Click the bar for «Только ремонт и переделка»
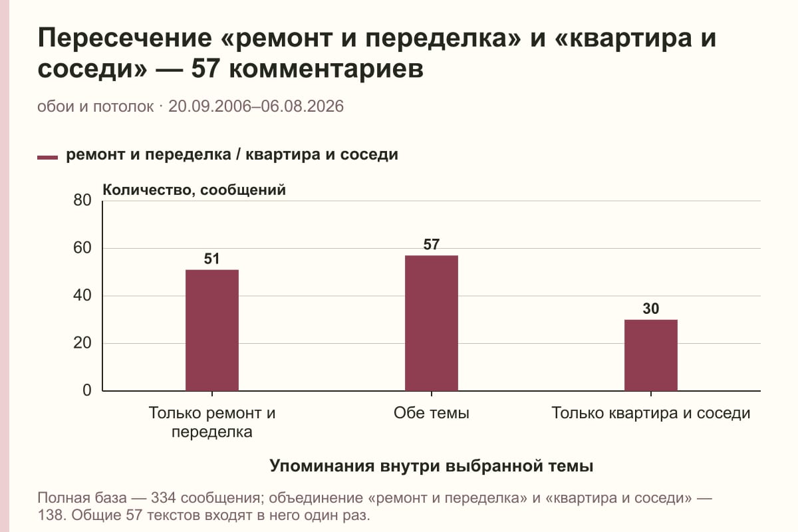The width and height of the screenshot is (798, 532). (x=212, y=331)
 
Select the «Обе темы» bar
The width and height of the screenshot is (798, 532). (x=432, y=323)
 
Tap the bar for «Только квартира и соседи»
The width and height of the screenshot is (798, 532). (x=651, y=355)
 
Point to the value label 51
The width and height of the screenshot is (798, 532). (x=211, y=259)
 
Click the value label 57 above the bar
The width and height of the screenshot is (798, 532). (x=432, y=245)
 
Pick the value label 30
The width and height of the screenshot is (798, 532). (x=651, y=309)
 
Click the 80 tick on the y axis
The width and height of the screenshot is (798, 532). (x=82, y=200)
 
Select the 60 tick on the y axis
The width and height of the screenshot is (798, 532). (x=82, y=248)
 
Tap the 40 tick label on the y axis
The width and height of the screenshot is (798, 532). (x=82, y=295)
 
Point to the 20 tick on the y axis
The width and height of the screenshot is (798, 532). (x=82, y=343)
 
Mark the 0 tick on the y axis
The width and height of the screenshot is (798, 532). (x=87, y=390)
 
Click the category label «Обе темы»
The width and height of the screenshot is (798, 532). (x=432, y=414)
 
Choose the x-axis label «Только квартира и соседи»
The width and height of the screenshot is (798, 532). (x=651, y=414)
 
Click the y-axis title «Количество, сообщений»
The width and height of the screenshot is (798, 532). (x=194, y=190)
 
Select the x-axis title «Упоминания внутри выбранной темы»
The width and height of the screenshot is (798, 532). (x=432, y=466)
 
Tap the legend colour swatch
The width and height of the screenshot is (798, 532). (x=47, y=158)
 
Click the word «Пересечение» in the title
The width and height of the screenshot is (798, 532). (x=125, y=38)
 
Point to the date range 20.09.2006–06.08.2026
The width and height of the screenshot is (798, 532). (x=256, y=106)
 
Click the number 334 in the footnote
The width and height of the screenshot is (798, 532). (x=164, y=498)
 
